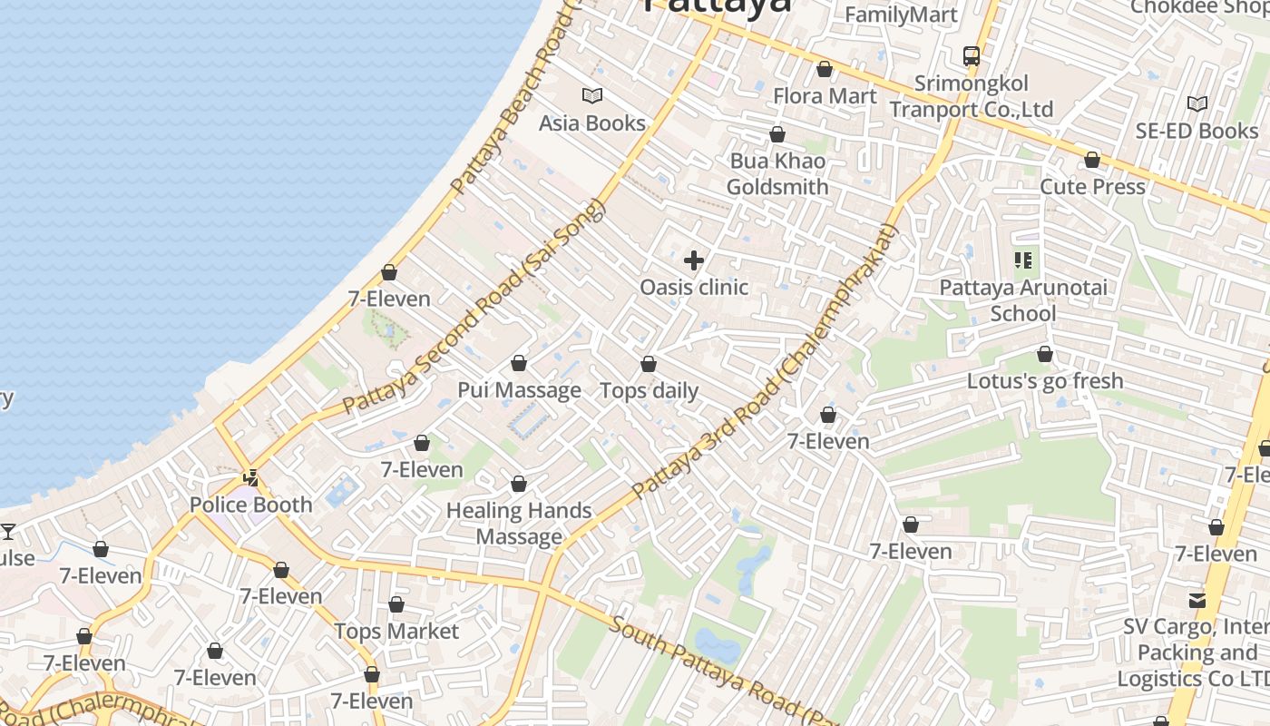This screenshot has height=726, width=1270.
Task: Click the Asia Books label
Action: [x=592, y=123]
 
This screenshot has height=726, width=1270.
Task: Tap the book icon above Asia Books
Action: [x=592, y=95]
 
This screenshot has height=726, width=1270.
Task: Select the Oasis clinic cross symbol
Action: [x=694, y=261]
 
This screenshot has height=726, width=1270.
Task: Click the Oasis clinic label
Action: [x=694, y=288]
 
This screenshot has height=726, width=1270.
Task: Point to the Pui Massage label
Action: [x=519, y=390]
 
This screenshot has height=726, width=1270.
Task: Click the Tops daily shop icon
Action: [x=649, y=365]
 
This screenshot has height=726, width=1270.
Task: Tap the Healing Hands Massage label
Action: [x=519, y=524]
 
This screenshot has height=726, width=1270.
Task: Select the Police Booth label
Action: [x=250, y=505]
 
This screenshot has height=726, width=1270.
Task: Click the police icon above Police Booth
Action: [x=251, y=477]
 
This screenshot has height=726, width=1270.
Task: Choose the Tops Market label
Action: [x=396, y=631]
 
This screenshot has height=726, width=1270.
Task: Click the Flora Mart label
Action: [x=825, y=96]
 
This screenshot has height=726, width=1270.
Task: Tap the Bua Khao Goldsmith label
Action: [x=777, y=174]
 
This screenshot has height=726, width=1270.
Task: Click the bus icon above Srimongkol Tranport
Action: [x=972, y=55]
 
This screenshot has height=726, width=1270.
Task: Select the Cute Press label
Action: [x=1092, y=187]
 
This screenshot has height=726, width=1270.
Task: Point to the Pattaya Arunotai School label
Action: [x=1023, y=300]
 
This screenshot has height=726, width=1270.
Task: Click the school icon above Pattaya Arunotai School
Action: [x=1023, y=261]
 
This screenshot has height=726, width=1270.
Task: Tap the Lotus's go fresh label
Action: [x=1045, y=381]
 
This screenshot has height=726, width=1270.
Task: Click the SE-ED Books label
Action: [x=1197, y=131]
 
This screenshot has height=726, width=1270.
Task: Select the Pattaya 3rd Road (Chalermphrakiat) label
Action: [x=764, y=361]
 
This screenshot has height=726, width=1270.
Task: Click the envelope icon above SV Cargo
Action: [x=1197, y=600]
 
